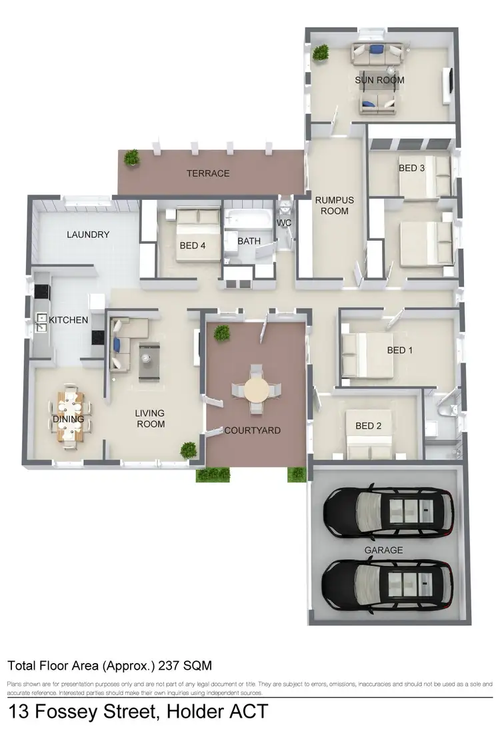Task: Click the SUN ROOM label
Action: click(x=379, y=81)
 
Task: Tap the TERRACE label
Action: click(x=208, y=173)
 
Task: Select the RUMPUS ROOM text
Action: click(x=334, y=205)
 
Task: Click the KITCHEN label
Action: click(x=69, y=320)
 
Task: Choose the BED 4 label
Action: click(x=193, y=245)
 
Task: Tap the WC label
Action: click(x=284, y=223)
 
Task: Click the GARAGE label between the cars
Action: click(x=383, y=550)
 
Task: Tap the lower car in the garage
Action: click(x=389, y=584)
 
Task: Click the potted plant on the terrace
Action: click(x=132, y=157)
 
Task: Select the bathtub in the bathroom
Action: click(x=245, y=220)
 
